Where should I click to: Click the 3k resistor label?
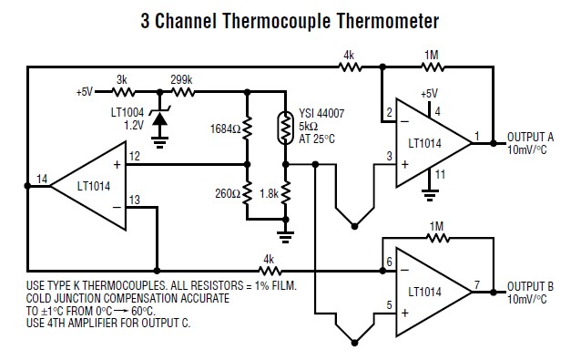tap(123, 79)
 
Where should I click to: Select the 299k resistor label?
tap(182, 79)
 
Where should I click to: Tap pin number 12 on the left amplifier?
tap(133, 157)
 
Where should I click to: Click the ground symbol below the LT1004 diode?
tap(160, 142)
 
